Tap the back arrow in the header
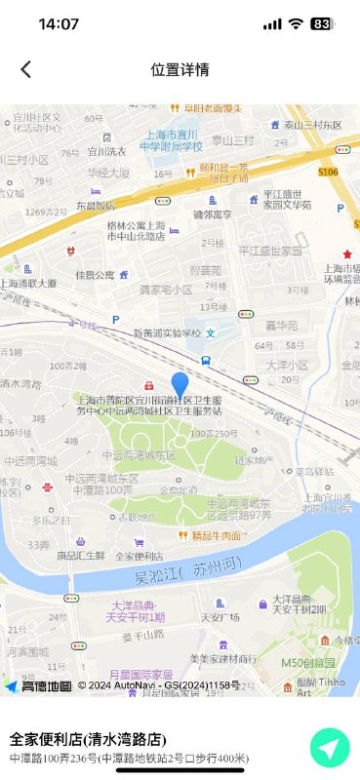(26, 69)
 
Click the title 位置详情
(180, 69)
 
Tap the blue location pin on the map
(180, 385)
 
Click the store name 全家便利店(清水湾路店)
(88, 739)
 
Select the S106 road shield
(328, 172)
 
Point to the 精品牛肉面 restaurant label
(216, 535)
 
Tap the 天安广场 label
(220, 616)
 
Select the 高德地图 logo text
(46, 685)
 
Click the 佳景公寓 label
(95, 275)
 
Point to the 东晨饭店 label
(96, 206)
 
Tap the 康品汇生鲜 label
(80, 555)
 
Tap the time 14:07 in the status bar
(59, 24)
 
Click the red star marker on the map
(346, 254)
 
